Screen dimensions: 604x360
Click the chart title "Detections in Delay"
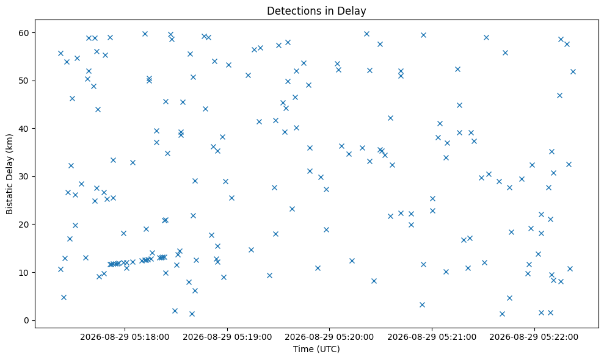[316, 11]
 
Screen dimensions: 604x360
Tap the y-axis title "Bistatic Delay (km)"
[9, 174]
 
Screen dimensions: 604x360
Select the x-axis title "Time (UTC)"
[316, 349]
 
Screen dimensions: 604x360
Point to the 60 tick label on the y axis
[24, 33]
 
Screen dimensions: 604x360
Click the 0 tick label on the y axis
[27, 320]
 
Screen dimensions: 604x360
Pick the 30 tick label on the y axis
[24, 177]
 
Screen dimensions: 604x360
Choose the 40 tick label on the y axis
[24, 129]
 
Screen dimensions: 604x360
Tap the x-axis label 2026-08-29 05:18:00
[125, 337]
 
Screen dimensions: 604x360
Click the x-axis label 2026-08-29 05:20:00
[329, 337]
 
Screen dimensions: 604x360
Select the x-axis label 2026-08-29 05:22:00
[534, 337]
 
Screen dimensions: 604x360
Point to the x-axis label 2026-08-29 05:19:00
[227, 337]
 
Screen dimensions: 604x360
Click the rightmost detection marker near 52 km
[573, 71]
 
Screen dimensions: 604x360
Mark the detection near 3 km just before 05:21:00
[422, 304]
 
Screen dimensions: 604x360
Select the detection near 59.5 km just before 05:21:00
[423, 35]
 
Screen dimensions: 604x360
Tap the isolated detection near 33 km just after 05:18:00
[133, 162]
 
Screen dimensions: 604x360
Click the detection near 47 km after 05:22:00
[559, 95]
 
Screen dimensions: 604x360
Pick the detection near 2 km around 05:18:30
[175, 311]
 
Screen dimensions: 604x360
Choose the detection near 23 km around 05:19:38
[292, 209]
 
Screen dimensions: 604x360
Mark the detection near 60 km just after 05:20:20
[366, 34]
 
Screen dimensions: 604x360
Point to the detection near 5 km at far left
[64, 297]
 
